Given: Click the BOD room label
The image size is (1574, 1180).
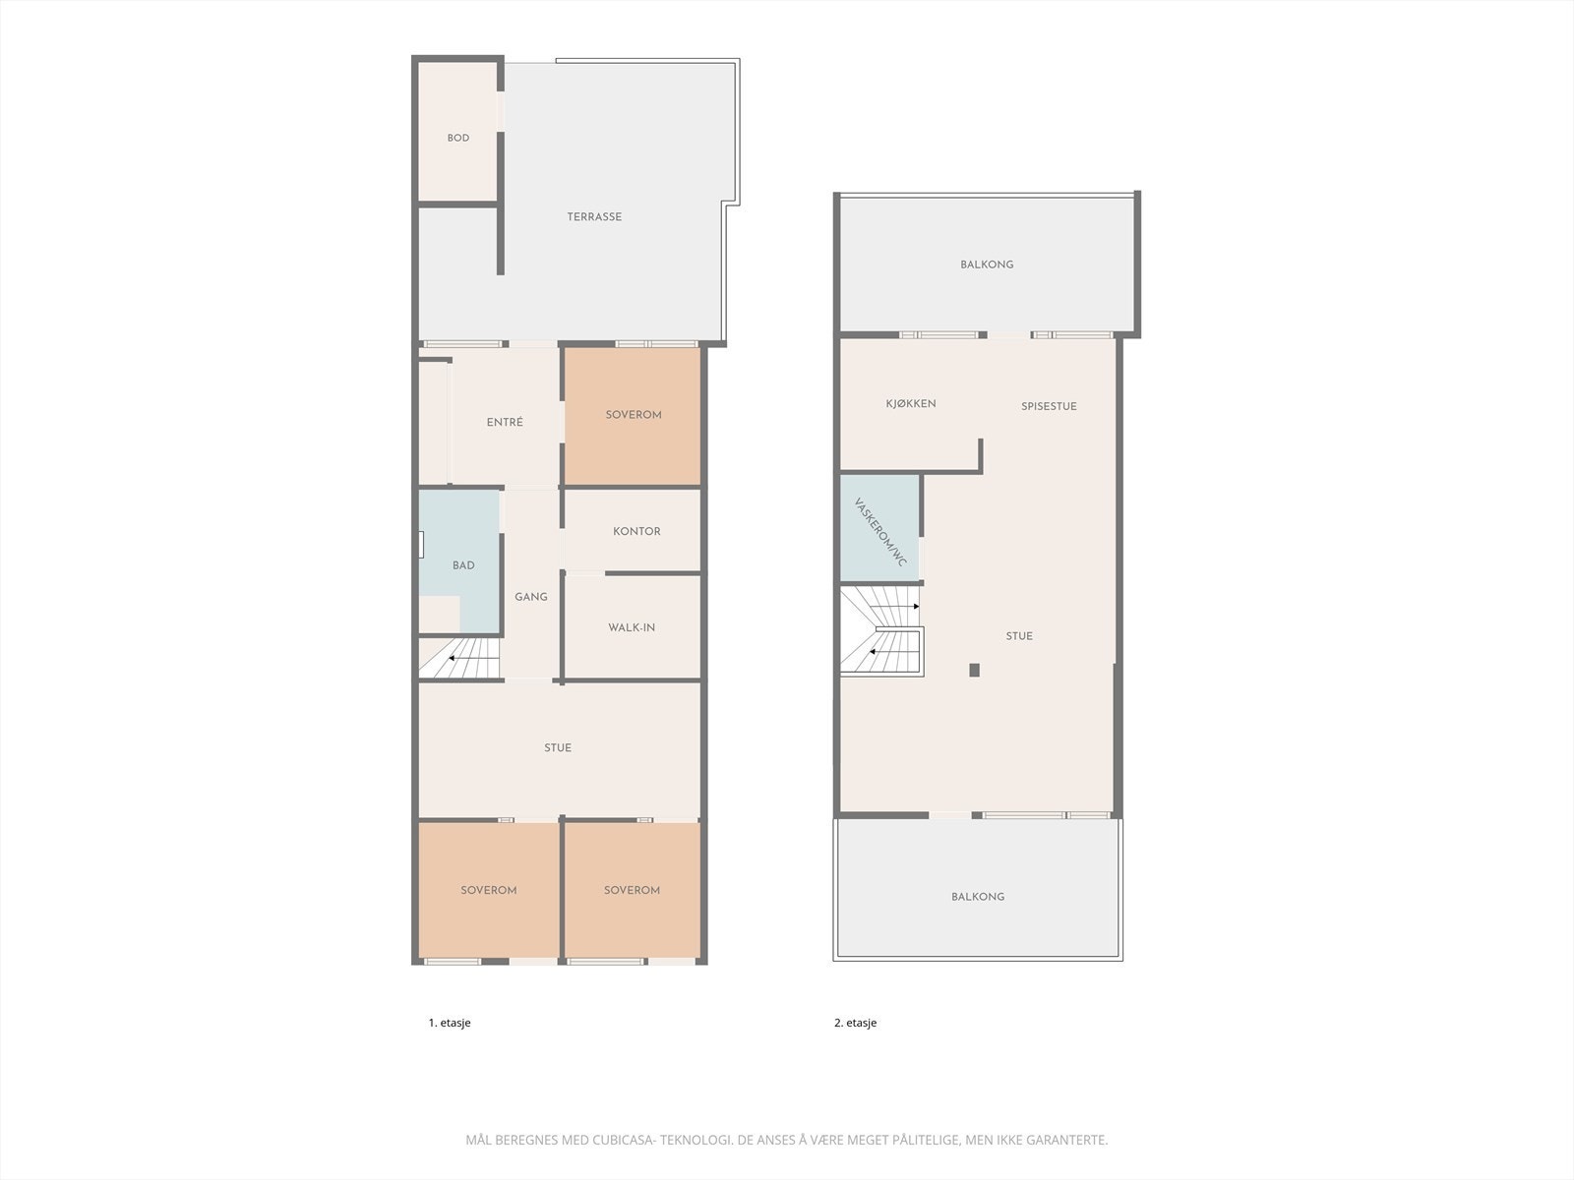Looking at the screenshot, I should (458, 139).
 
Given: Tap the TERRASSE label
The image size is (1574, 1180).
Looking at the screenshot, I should (594, 217).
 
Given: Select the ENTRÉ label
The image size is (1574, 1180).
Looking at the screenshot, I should (505, 423).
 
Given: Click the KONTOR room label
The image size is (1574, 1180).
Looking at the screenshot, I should (636, 532).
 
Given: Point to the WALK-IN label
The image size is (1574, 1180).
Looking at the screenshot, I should (632, 628).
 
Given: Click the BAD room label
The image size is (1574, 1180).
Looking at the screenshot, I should (463, 565).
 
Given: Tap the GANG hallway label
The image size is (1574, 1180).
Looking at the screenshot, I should (531, 597).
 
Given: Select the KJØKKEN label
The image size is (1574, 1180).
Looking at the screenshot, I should (911, 404).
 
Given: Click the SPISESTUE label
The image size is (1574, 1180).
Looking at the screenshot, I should (1049, 406).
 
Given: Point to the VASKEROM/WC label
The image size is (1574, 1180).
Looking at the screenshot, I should (880, 532).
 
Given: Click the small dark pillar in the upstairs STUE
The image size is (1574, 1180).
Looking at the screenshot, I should (975, 671).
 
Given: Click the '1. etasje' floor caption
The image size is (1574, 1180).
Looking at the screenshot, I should (450, 1023).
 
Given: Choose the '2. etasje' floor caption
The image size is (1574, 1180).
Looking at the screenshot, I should (855, 1023).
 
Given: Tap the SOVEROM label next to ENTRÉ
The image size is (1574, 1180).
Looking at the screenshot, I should (634, 415).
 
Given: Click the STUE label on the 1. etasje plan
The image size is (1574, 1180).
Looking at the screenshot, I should (558, 748).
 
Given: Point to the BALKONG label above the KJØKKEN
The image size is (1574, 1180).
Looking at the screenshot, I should (987, 265).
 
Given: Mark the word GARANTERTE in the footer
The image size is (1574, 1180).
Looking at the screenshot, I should (1066, 1141).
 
